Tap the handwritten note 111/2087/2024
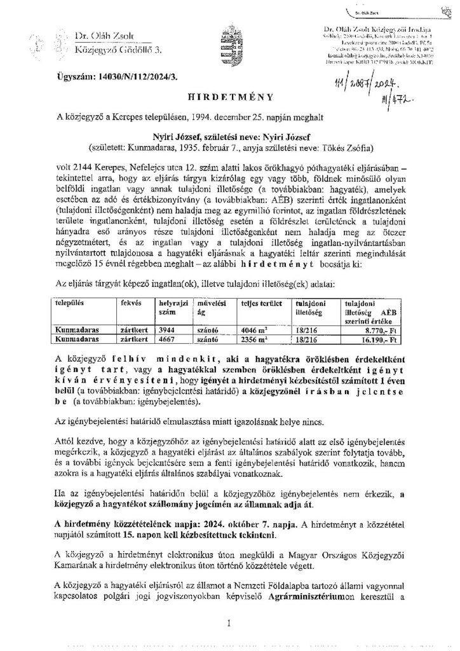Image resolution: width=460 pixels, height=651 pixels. (x=356, y=81)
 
